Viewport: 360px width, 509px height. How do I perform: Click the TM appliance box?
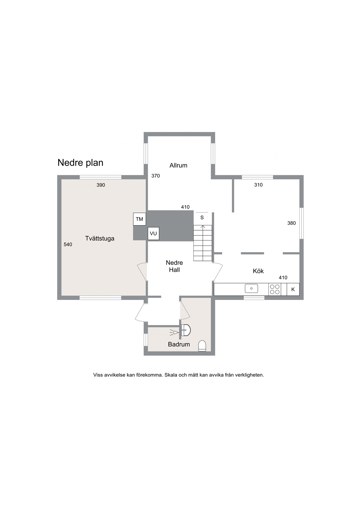click(x=139, y=219)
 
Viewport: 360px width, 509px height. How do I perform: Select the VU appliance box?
click(x=153, y=233)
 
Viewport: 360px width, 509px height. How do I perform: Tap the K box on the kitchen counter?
click(x=293, y=289)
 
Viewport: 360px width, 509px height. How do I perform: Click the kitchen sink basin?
click(x=252, y=288)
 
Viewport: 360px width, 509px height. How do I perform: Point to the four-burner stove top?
click(x=275, y=289)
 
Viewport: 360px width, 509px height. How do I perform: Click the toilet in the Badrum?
click(x=202, y=346)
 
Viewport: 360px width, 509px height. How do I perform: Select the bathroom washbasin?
click(x=186, y=330)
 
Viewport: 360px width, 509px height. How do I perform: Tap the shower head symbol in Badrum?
click(x=174, y=332)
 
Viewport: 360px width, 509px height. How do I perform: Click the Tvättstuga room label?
click(x=99, y=238)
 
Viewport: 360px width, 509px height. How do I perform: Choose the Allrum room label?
click(x=178, y=165)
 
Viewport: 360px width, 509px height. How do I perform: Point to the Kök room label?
click(x=258, y=271)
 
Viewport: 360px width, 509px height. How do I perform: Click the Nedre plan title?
click(x=81, y=163)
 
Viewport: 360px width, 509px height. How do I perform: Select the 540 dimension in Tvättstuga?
click(x=68, y=245)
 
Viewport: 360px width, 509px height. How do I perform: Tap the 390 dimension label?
click(x=101, y=185)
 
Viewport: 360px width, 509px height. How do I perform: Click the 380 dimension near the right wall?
click(x=292, y=223)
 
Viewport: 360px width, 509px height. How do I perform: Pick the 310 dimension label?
click(x=258, y=185)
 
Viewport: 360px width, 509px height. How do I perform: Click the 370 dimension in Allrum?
click(x=156, y=176)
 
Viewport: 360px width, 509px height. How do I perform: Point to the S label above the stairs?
click(x=202, y=218)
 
